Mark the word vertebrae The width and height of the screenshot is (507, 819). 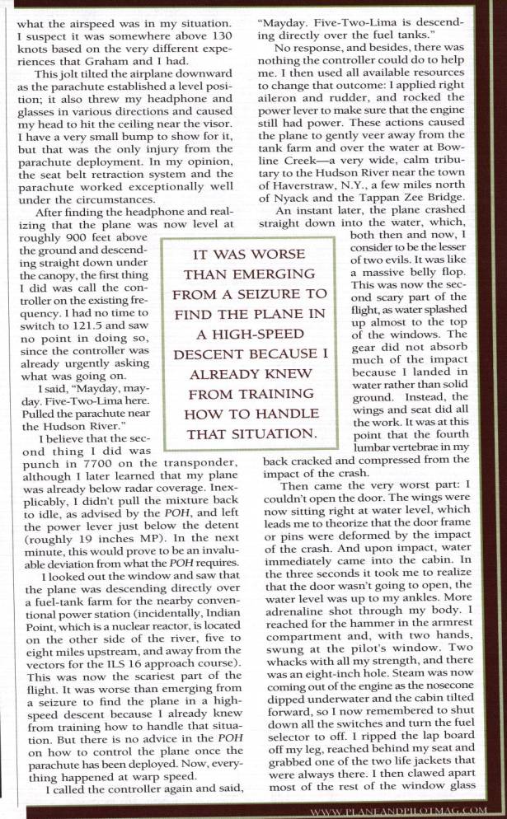pyautogui.click(x=458, y=444)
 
